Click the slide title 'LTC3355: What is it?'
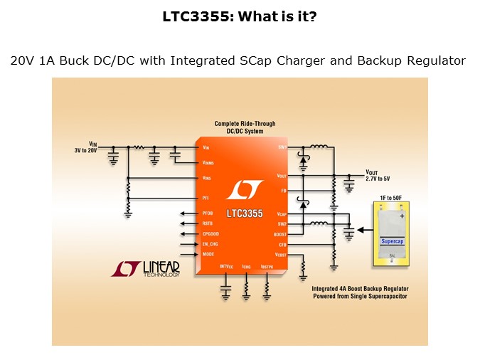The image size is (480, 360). coord(240,16)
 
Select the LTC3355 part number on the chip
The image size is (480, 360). coord(245,213)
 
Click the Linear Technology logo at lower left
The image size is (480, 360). coord(146,268)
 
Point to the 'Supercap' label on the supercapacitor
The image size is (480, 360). coord(393,241)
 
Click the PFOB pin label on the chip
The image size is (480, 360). coord(208,213)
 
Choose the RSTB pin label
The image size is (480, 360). coord(208,223)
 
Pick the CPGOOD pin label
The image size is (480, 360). coord(210,233)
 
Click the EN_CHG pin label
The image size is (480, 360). coord(210,243)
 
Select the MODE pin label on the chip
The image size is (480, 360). coord(208,254)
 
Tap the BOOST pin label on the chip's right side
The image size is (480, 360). coord(279,233)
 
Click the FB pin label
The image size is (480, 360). coord(282,190)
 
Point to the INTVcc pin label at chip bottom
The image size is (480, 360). coord(226,266)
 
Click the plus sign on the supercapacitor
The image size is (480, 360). coord(402,215)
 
